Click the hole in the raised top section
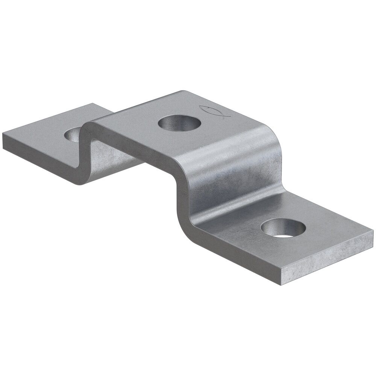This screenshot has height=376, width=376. pyautogui.click(x=179, y=123)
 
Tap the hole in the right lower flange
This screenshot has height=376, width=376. pyautogui.click(x=283, y=228)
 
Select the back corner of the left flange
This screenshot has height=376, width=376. pyautogui.click(x=94, y=104)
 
